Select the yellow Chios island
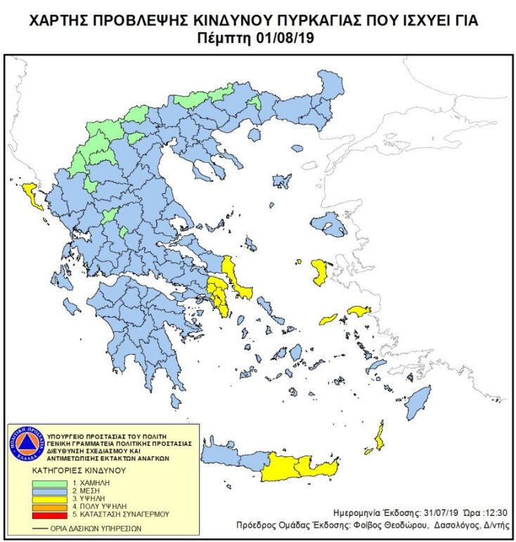click(320, 272)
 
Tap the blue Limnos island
click(282, 180)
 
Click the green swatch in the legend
click(51, 484)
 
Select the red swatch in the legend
click(51, 513)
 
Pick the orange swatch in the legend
click(51, 506)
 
